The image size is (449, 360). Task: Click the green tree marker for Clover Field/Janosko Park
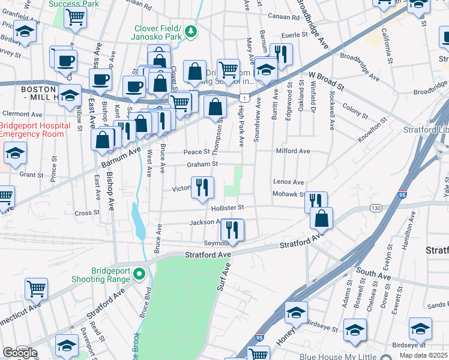[x=190, y=31]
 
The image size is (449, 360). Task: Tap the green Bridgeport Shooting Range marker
[x=139, y=274]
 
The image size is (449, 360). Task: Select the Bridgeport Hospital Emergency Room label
[x=31, y=130]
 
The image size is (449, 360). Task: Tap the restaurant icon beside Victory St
[x=202, y=187]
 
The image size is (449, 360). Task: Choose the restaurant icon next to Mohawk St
[x=315, y=202]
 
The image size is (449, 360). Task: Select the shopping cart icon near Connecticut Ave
[x=36, y=289]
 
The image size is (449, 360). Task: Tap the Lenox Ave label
[x=289, y=181]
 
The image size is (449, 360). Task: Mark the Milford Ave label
[x=292, y=151]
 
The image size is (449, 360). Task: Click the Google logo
[x=20, y=353]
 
